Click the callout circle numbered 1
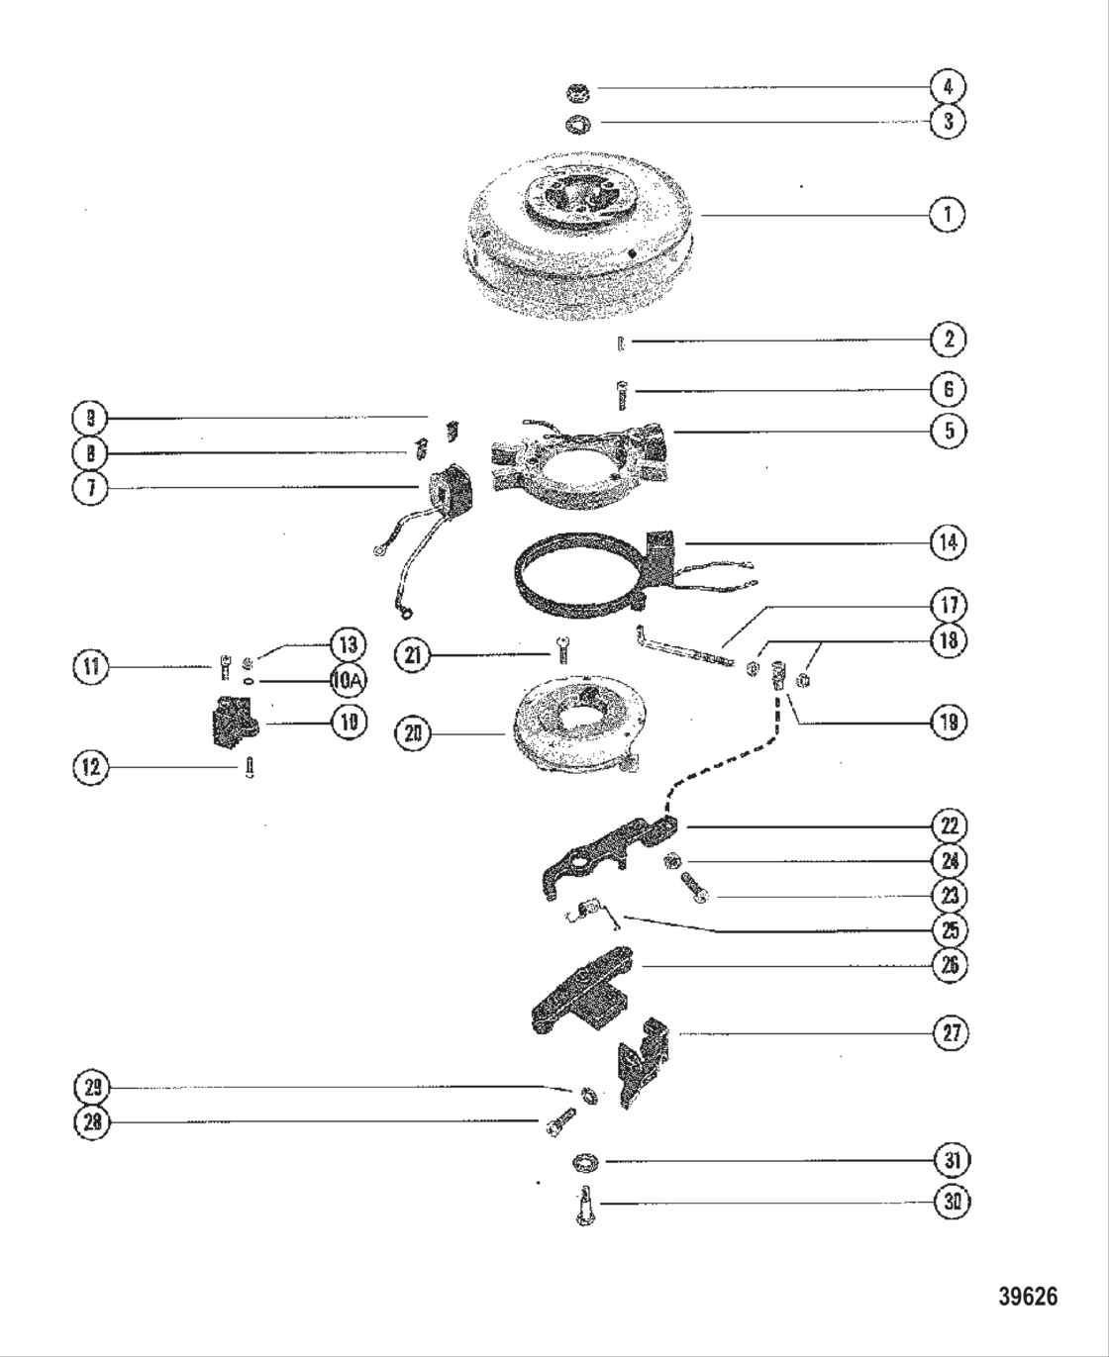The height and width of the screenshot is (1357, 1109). (948, 213)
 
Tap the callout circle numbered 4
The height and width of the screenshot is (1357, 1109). (948, 86)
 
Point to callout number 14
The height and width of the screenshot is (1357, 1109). (948, 541)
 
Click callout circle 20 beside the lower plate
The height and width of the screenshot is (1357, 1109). (413, 733)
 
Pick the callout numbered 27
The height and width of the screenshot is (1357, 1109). (952, 1033)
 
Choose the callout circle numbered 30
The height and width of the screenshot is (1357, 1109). (953, 1202)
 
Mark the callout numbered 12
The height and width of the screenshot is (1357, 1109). (91, 767)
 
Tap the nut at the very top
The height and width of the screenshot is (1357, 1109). (577, 94)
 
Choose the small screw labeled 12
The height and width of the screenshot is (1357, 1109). (247, 768)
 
